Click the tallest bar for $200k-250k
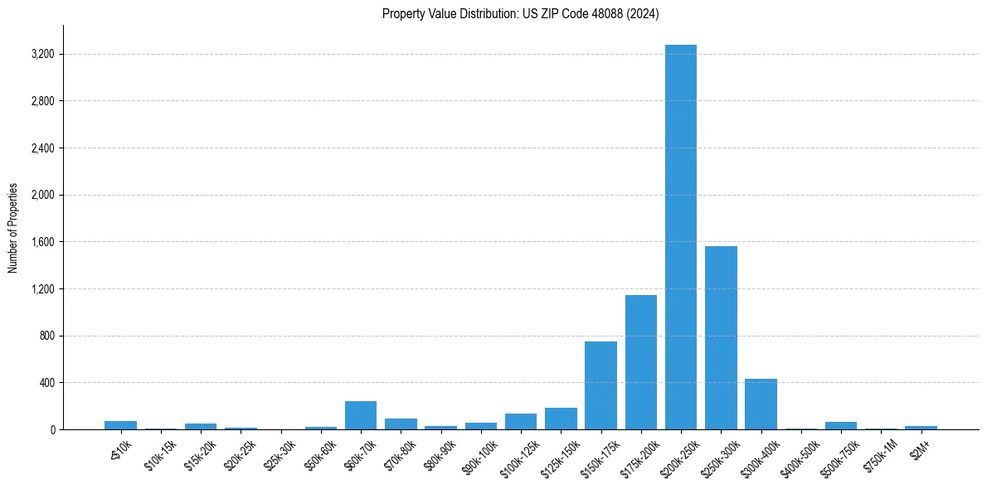point(680,237)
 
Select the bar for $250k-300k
point(721,337)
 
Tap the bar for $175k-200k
point(640,362)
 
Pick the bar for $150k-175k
point(600,385)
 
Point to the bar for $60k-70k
point(361,415)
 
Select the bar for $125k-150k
point(561,419)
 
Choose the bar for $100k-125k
point(521,421)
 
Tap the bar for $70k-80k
point(401,424)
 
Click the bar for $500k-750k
point(841,425)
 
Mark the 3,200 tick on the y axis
point(42,55)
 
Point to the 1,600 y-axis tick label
point(42,242)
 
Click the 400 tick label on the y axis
point(46,383)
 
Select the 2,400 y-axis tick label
point(42,148)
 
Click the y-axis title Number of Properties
point(13,227)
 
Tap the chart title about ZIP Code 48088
point(520,14)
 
